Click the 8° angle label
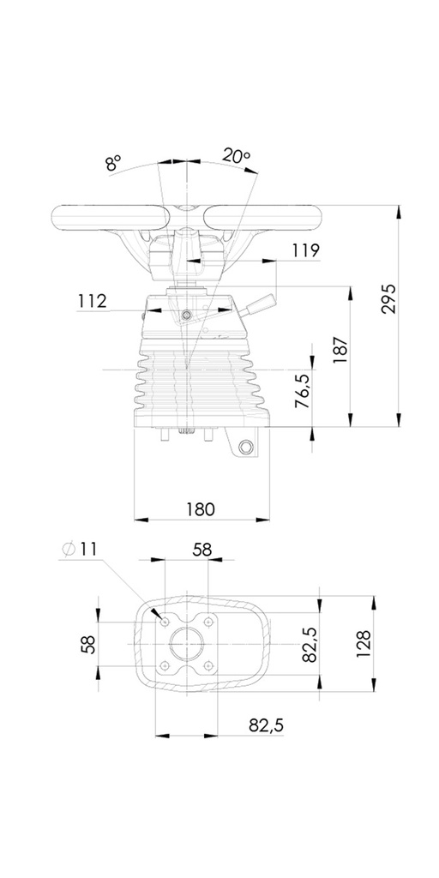pyautogui.click(x=114, y=163)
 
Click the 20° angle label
pyautogui.click(x=236, y=156)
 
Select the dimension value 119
pyautogui.click(x=304, y=250)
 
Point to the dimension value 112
pyautogui.click(x=91, y=301)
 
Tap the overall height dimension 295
pyautogui.click(x=388, y=298)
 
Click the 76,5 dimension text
pyautogui.click(x=302, y=390)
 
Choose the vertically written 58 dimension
pyautogui.click(x=87, y=644)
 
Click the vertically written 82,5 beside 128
pyautogui.click(x=310, y=643)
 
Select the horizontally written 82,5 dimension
pyautogui.click(x=266, y=725)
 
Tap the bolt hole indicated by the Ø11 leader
pyautogui.click(x=164, y=621)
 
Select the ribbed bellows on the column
pyautogui.click(x=200, y=382)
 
